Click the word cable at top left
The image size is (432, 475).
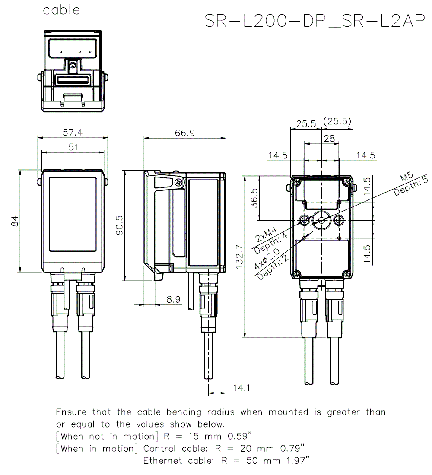[61, 10]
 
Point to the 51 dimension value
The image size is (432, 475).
[73, 147]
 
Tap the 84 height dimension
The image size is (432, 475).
[15, 221]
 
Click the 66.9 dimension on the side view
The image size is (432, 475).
[184, 133]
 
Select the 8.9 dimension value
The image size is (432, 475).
[173, 299]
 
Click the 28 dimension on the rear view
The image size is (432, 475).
[329, 138]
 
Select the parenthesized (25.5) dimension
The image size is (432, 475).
[337, 122]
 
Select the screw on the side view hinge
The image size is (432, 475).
[178, 182]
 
